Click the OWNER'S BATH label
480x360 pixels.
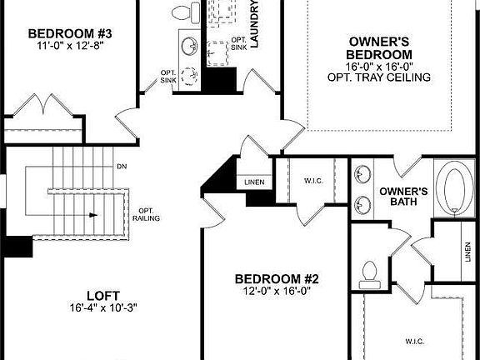(x=403, y=196)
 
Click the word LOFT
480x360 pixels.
(x=104, y=295)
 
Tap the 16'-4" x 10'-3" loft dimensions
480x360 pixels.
(x=104, y=307)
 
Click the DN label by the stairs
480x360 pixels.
(x=122, y=166)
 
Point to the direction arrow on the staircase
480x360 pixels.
(x=89, y=214)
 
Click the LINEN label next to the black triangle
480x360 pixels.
(x=254, y=182)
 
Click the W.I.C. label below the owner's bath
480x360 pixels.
(x=414, y=341)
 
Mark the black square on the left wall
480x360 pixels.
(x=15, y=247)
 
